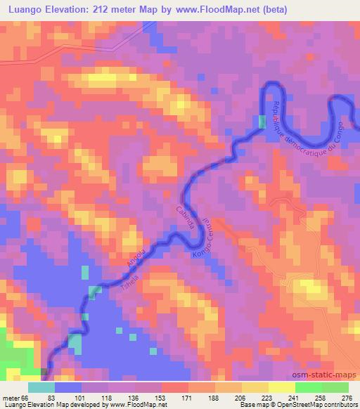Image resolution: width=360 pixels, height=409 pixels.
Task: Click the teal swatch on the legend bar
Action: (41, 388)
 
